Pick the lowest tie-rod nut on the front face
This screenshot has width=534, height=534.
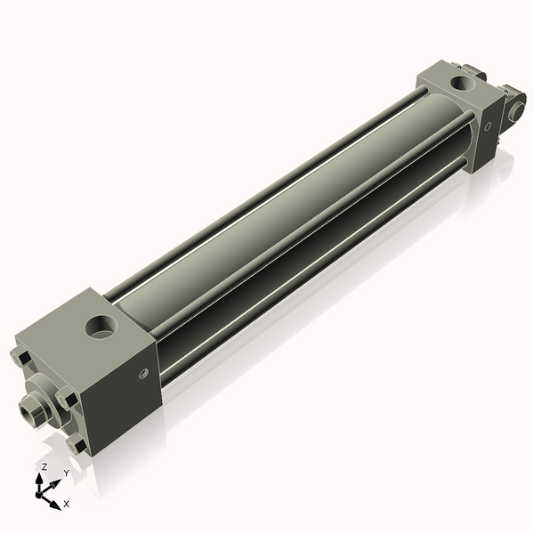tap(78, 444)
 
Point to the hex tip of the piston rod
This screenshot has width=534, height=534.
tap(27, 412)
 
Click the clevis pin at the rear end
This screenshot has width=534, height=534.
tap(514, 109)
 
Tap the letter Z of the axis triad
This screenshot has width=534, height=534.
tap(44, 466)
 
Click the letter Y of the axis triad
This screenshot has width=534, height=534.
tap(66, 473)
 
